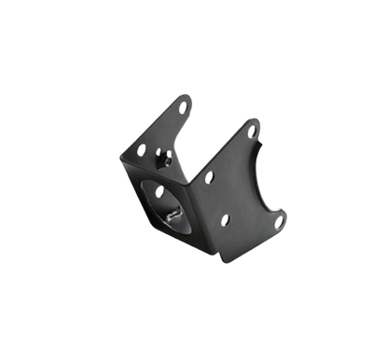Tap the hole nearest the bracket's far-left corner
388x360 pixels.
tap(142, 148)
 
